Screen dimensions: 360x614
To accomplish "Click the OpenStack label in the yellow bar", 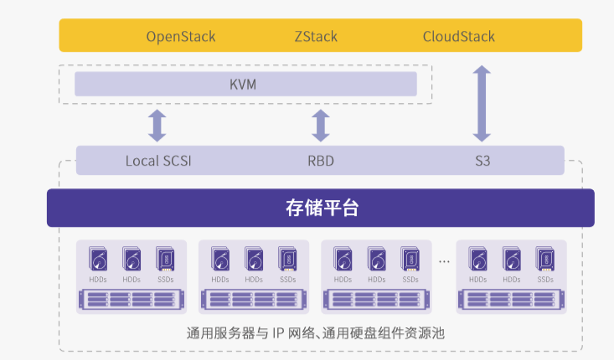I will pyautogui.click(x=181, y=36).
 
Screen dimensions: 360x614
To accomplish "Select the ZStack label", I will pyautogui.click(x=315, y=36).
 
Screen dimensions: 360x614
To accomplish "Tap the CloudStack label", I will pyautogui.click(x=458, y=36).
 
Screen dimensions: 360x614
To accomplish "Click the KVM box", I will pyautogui.click(x=245, y=84).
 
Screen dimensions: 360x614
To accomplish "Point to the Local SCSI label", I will pyautogui.click(x=158, y=160).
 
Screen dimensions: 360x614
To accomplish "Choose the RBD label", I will pyautogui.click(x=320, y=160).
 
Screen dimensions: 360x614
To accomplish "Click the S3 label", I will pyautogui.click(x=482, y=160).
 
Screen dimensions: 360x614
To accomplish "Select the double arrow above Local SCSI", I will pyautogui.click(x=157, y=125).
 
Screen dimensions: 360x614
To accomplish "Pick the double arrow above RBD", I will pyautogui.click(x=320, y=125).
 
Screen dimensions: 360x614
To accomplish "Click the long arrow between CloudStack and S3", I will pyautogui.click(x=482, y=104).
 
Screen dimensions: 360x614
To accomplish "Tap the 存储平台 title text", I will pyautogui.click(x=321, y=208).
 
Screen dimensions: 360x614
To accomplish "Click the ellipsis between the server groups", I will pyautogui.click(x=443, y=262).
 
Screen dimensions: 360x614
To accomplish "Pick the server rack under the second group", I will pyautogui.click(x=253, y=299).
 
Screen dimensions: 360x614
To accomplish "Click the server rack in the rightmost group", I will pyautogui.click(x=511, y=299).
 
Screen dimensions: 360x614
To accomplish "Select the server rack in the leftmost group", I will pyautogui.click(x=131, y=299).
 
